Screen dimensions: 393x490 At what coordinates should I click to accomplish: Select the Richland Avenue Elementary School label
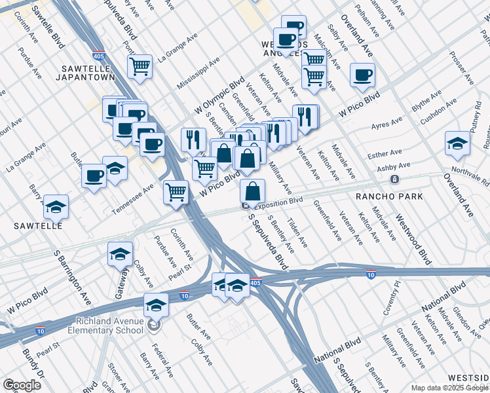(109, 325)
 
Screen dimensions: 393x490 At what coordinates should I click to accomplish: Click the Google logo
(22, 385)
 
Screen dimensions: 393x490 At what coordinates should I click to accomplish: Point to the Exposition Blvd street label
(278, 204)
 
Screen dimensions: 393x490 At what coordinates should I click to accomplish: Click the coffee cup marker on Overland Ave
(362, 75)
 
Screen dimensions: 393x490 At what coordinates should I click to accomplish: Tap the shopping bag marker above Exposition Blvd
(252, 192)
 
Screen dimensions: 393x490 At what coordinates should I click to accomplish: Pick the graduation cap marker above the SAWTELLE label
(56, 207)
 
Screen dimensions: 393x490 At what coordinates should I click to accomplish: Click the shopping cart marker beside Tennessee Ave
(176, 193)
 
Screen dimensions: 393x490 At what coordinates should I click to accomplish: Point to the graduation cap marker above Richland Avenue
(156, 305)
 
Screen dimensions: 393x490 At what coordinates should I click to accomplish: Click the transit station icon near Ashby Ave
(394, 179)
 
